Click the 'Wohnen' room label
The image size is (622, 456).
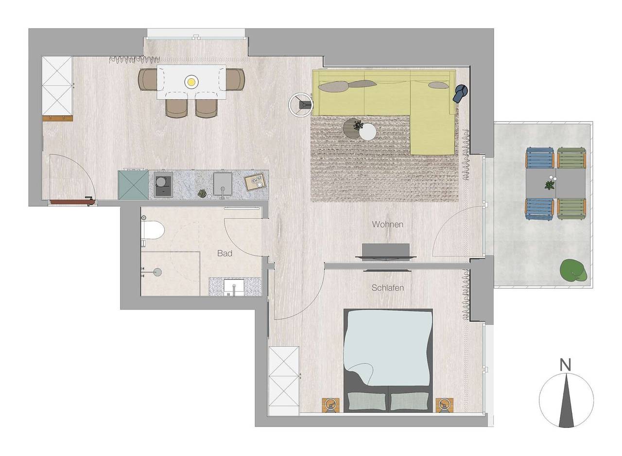coord(387,225)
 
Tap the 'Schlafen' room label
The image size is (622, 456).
coord(388,288)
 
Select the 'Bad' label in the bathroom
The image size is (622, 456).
coord(225,253)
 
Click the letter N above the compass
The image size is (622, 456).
coord(565,365)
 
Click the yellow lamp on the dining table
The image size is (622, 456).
coord(191,82)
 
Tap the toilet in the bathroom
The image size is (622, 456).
coord(153,231)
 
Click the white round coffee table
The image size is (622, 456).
coord(367,131)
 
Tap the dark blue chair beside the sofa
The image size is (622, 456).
coord(460,93)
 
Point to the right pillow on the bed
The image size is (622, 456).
coord(409,401)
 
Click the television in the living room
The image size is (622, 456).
coord(386,252)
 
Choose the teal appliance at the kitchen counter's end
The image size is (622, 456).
coord(133,185)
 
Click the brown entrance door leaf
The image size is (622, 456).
coord(73,202)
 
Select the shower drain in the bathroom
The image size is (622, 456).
coord(158,272)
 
